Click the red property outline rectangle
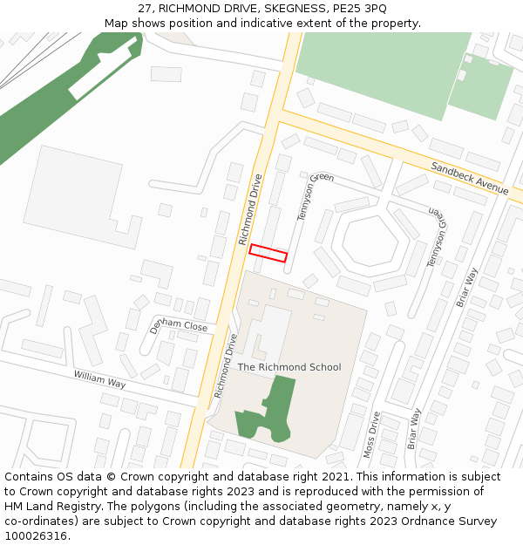pyautogui.click(x=268, y=253)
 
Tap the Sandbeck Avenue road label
pyautogui.click(x=470, y=177)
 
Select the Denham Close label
pyautogui.click(x=178, y=325)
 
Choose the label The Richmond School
pyautogui.click(x=289, y=367)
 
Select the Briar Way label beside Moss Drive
pyautogui.click(x=414, y=428)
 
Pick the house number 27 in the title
pyautogui.click(x=145, y=8)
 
